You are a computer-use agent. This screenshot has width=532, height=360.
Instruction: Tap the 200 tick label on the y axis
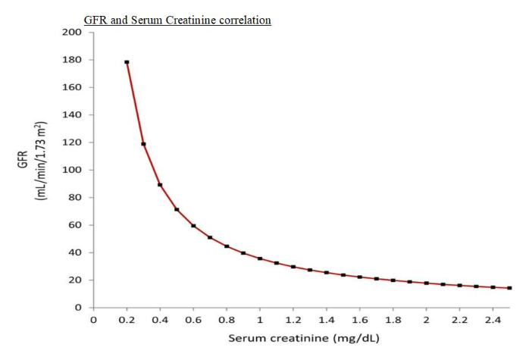pos(73,33)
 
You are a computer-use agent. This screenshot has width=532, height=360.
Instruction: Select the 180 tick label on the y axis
pos(73,60)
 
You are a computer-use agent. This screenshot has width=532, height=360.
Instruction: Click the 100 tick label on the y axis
pos(73,170)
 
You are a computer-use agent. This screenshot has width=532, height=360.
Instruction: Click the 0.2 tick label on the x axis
pos(127,320)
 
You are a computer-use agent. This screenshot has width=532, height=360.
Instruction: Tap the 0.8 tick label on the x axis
pos(227,320)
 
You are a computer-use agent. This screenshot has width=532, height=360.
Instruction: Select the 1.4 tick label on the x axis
pos(327,320)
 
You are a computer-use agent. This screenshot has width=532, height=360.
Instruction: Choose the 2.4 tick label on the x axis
pos(493,320)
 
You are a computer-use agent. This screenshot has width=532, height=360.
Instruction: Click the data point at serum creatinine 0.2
pos(127,62)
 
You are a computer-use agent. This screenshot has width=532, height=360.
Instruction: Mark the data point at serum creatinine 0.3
pos(143,144)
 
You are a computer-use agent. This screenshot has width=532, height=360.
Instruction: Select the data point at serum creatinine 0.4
pos(160,185)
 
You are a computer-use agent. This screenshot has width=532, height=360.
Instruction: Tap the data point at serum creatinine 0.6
pos(193,226)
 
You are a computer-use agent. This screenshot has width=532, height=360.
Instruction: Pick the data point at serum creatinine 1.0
pos(260,258)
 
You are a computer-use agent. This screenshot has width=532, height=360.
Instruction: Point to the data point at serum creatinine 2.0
pos(426,283)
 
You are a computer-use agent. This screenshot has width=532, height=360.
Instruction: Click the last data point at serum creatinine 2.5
pos(509,288)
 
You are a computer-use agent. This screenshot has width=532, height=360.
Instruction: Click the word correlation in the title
pos(243,20)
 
